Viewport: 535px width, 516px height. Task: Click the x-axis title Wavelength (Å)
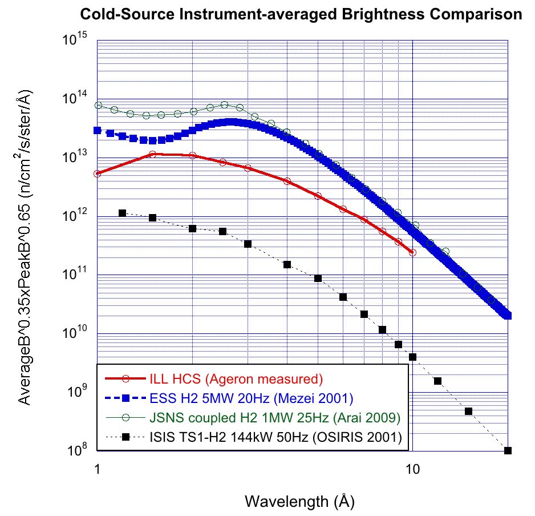click(x=299, y=502)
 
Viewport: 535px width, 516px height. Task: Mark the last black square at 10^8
click(x=508, y=450)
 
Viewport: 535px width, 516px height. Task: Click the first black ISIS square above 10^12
click(x=122, y=213)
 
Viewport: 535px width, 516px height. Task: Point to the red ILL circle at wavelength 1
click(x=98, y=174)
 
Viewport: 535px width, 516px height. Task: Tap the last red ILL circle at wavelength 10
click(x=412, y=252)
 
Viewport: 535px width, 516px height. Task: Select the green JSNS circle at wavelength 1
click(x=98, y=105)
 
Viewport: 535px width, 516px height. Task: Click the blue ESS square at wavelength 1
click(x=98, y=130)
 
